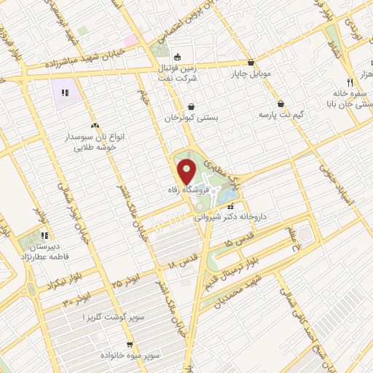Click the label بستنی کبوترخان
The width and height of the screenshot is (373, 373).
[x=191, y=118]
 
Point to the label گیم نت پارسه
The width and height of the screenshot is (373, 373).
[x=280, y=115]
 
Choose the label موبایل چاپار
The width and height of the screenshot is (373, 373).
[x=251, y=74]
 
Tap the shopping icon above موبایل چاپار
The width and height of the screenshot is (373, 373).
[x=251, y=63]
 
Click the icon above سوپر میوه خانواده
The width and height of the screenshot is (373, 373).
[x=130, y=345]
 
